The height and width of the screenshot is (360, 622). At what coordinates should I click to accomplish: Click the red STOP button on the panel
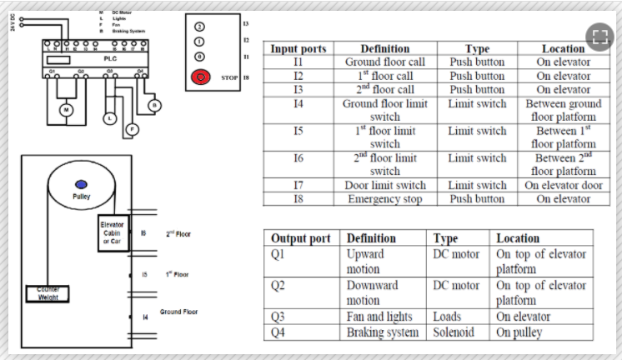(x=201, y=77)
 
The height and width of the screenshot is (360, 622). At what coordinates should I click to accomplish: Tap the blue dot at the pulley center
(x=81, y=183)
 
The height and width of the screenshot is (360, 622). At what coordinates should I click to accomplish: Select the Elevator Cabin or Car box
(x=112, y=233)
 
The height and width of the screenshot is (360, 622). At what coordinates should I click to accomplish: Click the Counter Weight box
(x=48, y=293)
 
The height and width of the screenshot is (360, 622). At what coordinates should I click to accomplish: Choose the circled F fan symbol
(x=131, y=129)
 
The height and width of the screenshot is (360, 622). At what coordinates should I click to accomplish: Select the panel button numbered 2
(x=200, y=24)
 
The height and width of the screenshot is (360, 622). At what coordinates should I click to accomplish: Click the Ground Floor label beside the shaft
(x=177, y=312)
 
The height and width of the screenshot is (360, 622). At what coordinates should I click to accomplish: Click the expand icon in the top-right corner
(x=597, y=35)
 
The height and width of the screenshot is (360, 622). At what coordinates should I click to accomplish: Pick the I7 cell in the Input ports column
(x=298, y=185)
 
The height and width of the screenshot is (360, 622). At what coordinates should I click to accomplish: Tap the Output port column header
(x=301, y=238)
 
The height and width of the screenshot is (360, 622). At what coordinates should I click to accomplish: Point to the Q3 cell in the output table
(x=279, y=317)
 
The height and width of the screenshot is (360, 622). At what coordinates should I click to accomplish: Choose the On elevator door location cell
(x=564, y=185)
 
